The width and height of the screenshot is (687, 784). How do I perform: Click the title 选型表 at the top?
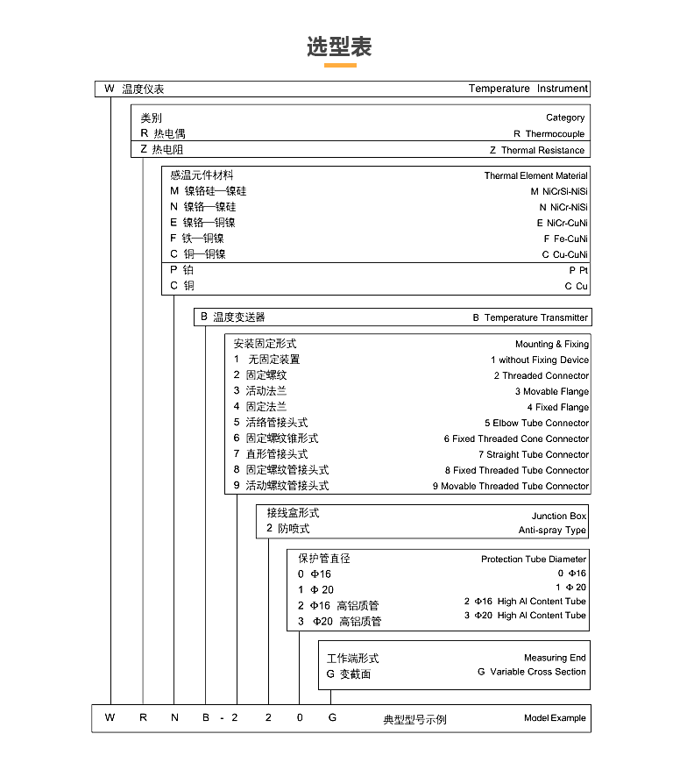tap(339, 46)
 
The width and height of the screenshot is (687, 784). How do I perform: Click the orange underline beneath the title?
tap(340, 65)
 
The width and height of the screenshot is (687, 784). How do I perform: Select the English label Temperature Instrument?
tap(528, 89)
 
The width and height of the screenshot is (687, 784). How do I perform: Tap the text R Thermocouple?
tap(549, 134)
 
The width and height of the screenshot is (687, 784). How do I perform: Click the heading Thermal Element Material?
tap(535, 175)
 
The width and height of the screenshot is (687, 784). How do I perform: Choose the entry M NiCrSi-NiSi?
tap(559, 191)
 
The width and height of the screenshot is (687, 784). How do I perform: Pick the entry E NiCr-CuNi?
tap(562, 223)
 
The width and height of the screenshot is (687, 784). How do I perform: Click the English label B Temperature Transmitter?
tap(530, 317)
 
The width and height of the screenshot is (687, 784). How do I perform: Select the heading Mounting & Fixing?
tap(551, 345)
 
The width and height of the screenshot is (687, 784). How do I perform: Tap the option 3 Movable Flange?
tap(551, 392)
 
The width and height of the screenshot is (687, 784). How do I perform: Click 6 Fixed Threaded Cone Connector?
tap(516, 439)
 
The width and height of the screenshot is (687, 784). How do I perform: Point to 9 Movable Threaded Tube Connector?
tap(510, 487)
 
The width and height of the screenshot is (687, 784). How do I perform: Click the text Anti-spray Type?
tap(552, 531)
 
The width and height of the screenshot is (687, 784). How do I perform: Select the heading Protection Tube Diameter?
tap(534, 559)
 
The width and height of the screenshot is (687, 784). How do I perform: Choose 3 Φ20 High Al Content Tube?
tap(525, 616)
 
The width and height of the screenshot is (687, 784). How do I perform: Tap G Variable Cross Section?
tap(531, 672)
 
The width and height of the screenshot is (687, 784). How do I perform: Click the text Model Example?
tap(555, 718)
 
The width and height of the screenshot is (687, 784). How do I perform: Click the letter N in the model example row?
tap(174, 718)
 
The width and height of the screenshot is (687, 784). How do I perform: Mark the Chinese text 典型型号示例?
tap(414, 719)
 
